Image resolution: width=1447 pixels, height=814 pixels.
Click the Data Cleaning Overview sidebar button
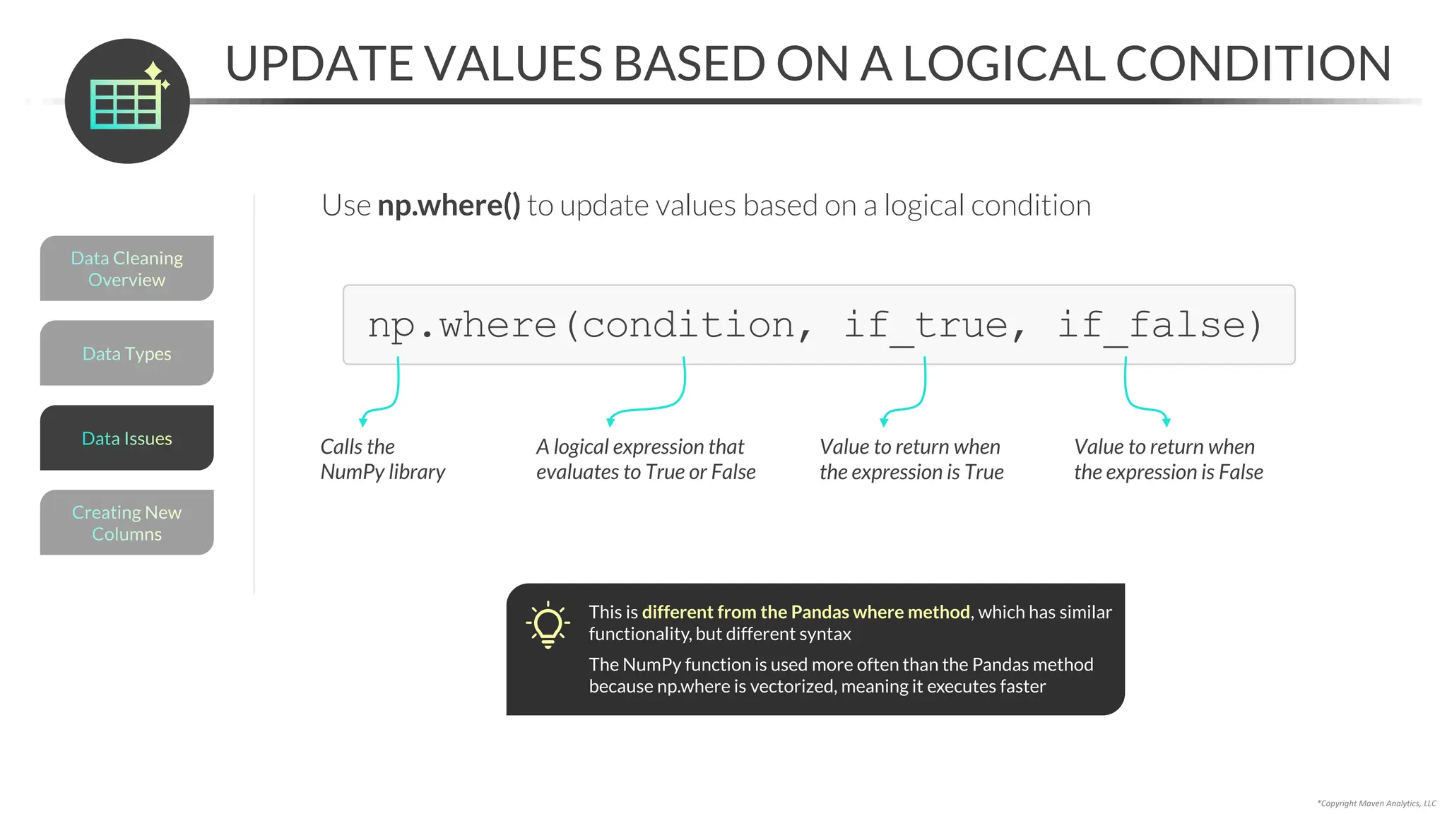126,269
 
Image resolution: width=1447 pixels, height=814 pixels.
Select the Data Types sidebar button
126,353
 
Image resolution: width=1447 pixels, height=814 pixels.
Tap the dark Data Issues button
126,438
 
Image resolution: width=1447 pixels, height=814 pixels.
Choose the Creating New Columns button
126,523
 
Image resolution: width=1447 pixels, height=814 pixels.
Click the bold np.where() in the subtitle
449,206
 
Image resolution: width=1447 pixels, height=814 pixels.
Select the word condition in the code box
689,325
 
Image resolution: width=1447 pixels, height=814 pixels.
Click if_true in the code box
926,325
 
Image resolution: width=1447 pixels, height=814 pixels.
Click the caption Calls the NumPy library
382,459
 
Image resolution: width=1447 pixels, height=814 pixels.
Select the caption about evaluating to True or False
645,459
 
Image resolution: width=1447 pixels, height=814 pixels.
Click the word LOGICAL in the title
1003,64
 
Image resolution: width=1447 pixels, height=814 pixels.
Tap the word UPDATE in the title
318,64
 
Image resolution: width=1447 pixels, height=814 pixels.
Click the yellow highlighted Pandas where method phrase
805,612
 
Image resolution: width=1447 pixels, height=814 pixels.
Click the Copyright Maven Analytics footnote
1376,803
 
